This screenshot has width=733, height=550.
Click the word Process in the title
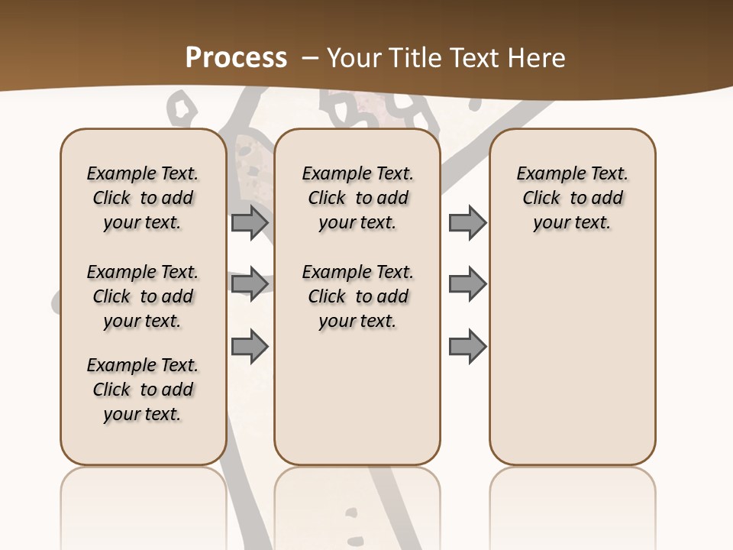(x=236, y=58)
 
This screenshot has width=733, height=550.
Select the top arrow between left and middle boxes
(x=250, y=222)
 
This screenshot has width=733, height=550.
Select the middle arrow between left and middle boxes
(x=250, y=284)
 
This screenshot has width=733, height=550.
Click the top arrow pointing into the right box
(x=467, y=222)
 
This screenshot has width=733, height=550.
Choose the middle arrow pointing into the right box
(x=467, y=284)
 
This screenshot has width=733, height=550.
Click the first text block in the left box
(x=143, y=198)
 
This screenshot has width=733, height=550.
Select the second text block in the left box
(x=143, y=296)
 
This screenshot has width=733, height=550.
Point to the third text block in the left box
(x=143, y=390)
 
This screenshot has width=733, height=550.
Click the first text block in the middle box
(x=358, y=198)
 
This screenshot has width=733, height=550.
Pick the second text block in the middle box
(x=358, y=296)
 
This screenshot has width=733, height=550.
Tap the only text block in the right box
(x=573, y=198)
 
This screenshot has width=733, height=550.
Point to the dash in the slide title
(x=310, y=58)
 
